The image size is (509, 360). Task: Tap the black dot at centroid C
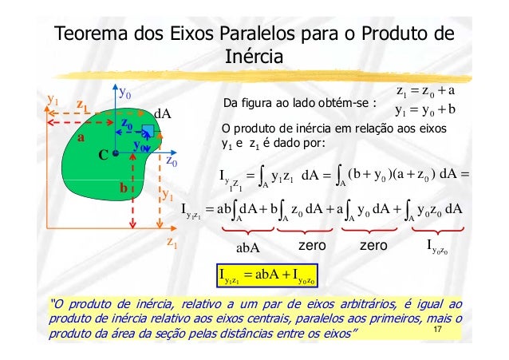116,152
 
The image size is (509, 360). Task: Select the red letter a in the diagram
80,137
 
